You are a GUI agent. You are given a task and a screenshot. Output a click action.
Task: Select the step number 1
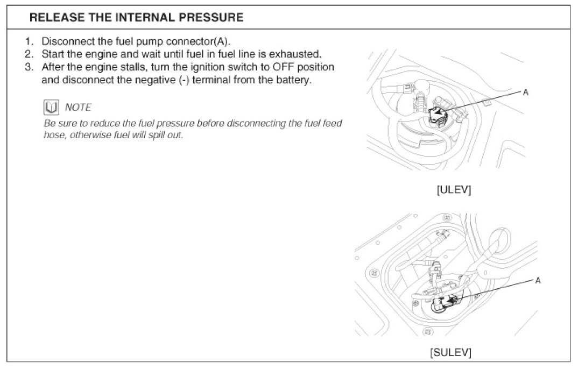(x=29, y=41)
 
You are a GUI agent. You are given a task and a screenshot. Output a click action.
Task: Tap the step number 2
(x=29, y=54)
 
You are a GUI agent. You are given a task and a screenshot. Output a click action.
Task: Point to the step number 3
(x=29, y=67)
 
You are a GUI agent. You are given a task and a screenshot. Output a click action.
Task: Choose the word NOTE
(x=78, y=108)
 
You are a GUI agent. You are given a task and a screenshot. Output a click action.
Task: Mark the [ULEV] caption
(x=454, y=190)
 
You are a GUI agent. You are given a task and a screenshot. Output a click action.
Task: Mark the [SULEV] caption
(x=450, y=353)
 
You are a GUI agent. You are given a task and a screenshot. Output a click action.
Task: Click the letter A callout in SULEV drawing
(x=538, y=281)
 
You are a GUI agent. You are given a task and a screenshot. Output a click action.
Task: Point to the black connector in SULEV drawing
(x=448, y=303)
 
